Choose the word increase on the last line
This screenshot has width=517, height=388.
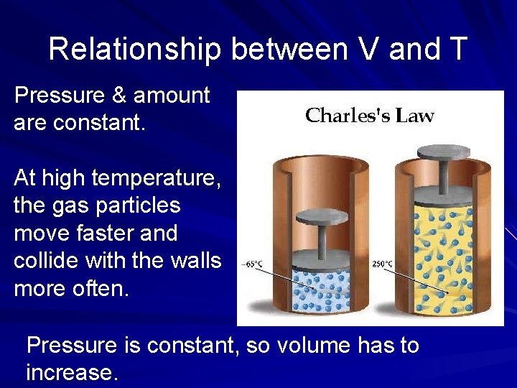70,374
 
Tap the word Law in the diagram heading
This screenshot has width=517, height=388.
416,116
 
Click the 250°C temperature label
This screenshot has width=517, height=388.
382,264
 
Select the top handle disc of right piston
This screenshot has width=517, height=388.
442,152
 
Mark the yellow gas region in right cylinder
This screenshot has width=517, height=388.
442,259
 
